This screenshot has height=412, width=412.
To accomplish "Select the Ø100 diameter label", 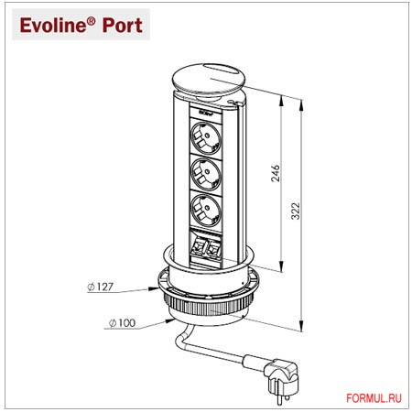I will click(123, 322).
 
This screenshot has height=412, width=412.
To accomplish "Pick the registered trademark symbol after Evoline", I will click(92, 19).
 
